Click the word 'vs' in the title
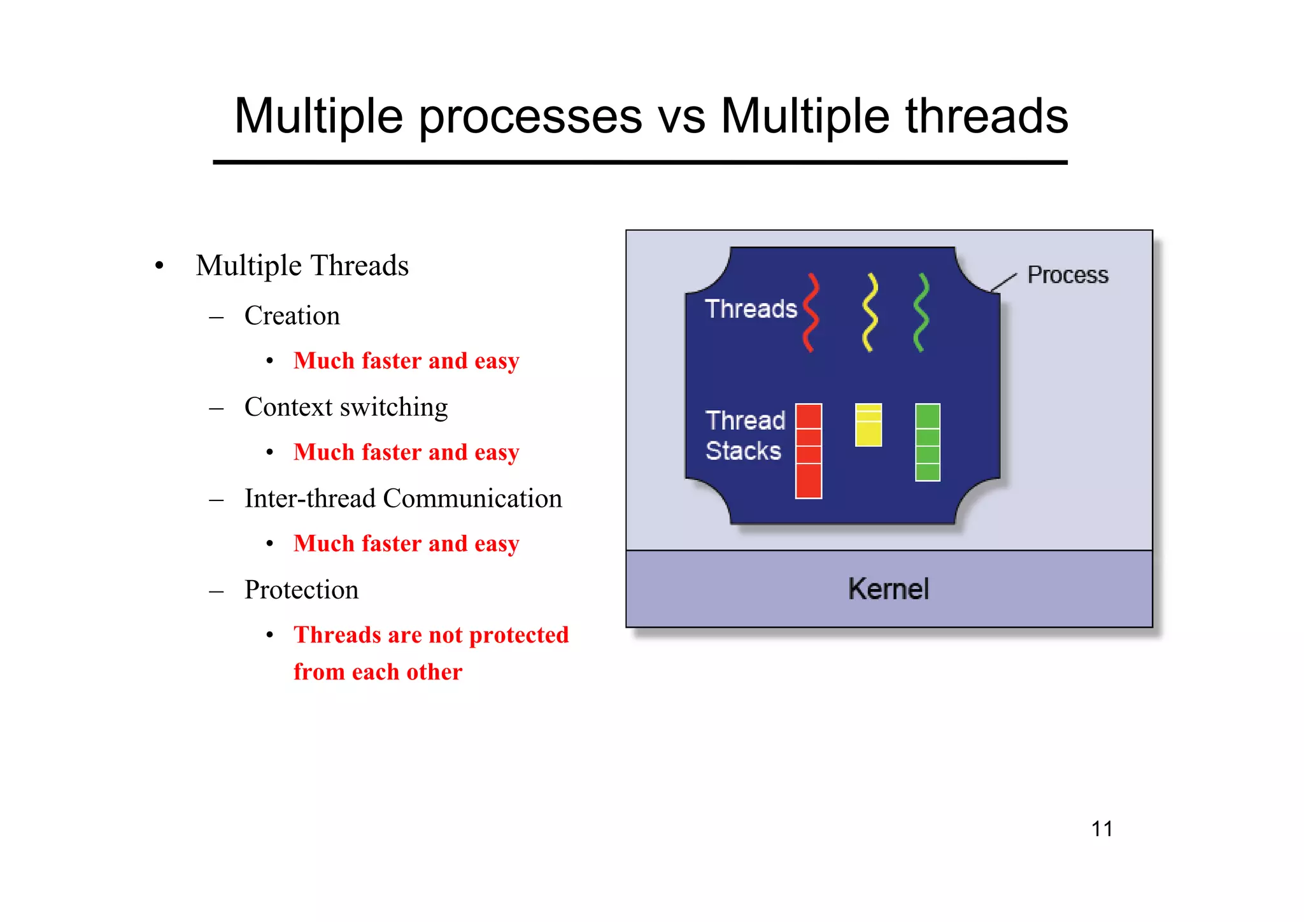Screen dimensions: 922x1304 pos(681,117)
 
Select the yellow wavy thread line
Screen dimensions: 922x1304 pos(870,312)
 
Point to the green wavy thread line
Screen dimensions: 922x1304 pos(921,312)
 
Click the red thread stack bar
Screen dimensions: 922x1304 pos(809,451)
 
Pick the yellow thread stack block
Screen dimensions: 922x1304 pos(868,425)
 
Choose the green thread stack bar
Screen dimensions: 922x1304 pos(928,443)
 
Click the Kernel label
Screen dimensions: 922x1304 pos(888,589)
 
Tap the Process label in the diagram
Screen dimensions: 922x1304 pos(1068,275)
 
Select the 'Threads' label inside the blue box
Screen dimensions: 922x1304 pos(751,309)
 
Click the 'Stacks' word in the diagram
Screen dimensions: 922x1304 pos(743,451)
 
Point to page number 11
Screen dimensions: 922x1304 pos(1102,829)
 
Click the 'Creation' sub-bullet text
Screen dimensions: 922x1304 pos(292,316)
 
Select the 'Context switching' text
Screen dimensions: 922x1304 pos(346,408)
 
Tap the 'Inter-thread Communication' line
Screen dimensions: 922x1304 pos(403,499)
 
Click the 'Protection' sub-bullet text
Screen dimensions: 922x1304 pos(301,590)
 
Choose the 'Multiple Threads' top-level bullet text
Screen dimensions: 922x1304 pos(302,266)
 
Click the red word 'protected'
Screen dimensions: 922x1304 pos(518,635)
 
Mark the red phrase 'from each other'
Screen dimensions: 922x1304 pos(378,672)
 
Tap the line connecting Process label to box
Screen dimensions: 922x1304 pos(1004,282)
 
